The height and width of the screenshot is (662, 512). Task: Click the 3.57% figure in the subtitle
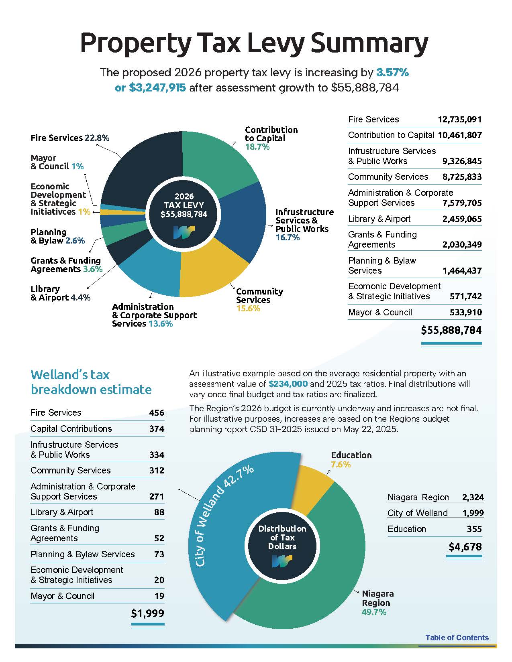click(x=392, y=73)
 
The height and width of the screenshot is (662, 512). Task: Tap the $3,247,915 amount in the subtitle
click(x=157, y=88)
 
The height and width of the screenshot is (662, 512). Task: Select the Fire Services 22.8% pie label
click(x=70, y=138)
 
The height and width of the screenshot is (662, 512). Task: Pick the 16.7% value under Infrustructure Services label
click(x=288, y=238)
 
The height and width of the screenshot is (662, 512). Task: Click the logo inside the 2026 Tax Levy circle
click(x=184, y=232)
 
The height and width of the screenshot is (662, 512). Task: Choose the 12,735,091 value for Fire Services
click(x=459, y=120)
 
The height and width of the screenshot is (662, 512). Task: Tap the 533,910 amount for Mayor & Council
click(x=466, y=313)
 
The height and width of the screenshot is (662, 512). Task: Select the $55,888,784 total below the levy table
click(x=451, y=330)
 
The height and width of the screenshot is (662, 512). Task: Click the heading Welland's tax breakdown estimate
click(x=91, y=382)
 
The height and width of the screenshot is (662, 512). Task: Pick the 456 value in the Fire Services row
click(x=157, y=413)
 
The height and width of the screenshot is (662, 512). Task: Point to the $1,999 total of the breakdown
click(x=147, y=613)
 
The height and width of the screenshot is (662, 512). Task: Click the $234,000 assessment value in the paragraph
click(x=288, y=384)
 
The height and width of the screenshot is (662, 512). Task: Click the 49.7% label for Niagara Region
click(x=374, y=612)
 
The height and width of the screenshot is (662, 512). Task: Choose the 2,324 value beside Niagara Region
click(x=473, y=498)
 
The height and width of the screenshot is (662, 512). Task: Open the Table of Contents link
click(x=457, y=638)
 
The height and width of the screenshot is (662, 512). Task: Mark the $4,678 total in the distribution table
click(x=465, y=547)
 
